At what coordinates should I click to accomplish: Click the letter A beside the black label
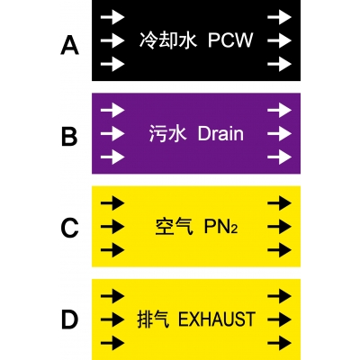point(69,45)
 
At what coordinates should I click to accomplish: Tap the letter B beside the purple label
point(69,137)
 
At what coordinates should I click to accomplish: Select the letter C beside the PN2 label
point(69,228)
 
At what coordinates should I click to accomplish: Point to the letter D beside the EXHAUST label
point(69,319)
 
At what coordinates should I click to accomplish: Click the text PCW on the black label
point(230,40)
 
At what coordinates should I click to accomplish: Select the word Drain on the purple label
point(220,133)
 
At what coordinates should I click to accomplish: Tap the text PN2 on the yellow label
point(221,227)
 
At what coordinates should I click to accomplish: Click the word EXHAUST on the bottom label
point(217,319)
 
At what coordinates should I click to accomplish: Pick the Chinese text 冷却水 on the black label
point(168,40)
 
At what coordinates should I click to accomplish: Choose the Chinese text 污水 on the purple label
point(167,133)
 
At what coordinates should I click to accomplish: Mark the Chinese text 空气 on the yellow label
point(174,227)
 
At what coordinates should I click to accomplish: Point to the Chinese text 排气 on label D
point(153,319)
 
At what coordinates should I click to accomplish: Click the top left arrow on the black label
point(112,16)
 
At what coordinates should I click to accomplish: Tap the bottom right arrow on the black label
point(280,64)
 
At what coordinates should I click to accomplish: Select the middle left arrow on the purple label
point(112,133)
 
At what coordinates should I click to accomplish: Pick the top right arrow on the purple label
point(280,110)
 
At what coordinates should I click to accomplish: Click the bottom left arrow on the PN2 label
point(112,250)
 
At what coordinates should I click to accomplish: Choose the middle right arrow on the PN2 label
point(280,227)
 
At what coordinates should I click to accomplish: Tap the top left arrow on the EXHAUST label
point(112,296)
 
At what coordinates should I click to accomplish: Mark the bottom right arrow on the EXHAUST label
point(280,343)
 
